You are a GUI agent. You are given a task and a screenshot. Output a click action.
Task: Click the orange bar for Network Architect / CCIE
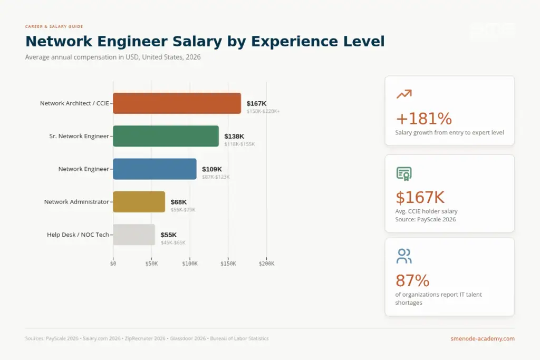click(177, 103)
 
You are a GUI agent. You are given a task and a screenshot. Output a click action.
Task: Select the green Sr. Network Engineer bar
click(166, 136)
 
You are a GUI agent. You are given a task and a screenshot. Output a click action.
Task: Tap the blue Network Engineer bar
click(155, 169)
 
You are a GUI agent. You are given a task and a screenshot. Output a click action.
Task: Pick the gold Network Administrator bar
click(139, 202)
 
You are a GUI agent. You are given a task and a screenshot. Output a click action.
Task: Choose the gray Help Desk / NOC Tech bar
click(134, 235)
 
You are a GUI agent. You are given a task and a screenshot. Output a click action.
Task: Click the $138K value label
click(234, 136)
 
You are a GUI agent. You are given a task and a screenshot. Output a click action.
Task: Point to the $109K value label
click(212, 169)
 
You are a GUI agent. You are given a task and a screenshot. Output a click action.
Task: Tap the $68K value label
click(179, 202)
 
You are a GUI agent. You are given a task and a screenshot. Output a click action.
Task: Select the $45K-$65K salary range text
click(173, 242)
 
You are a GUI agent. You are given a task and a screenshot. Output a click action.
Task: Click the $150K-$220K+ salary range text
click(263, 111)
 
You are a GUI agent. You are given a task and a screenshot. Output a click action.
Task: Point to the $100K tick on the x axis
click(190, 264)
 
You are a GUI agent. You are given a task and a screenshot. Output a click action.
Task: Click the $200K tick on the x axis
click(266, 264)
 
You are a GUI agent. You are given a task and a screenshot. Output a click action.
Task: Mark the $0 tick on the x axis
click(113, 264)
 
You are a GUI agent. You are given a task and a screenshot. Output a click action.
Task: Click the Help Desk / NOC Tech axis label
click(78, 235)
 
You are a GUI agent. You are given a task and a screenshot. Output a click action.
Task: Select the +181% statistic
click(423, 118)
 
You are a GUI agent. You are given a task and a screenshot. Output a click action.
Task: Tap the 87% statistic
click(412, 280)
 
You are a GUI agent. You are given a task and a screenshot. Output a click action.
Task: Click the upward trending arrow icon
click(404, 94)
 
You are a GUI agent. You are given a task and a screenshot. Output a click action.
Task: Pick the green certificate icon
click(404, 173)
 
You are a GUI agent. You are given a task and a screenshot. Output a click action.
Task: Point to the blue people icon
click(404, 256)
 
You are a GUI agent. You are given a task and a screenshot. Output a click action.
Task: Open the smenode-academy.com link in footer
click(483, 338)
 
